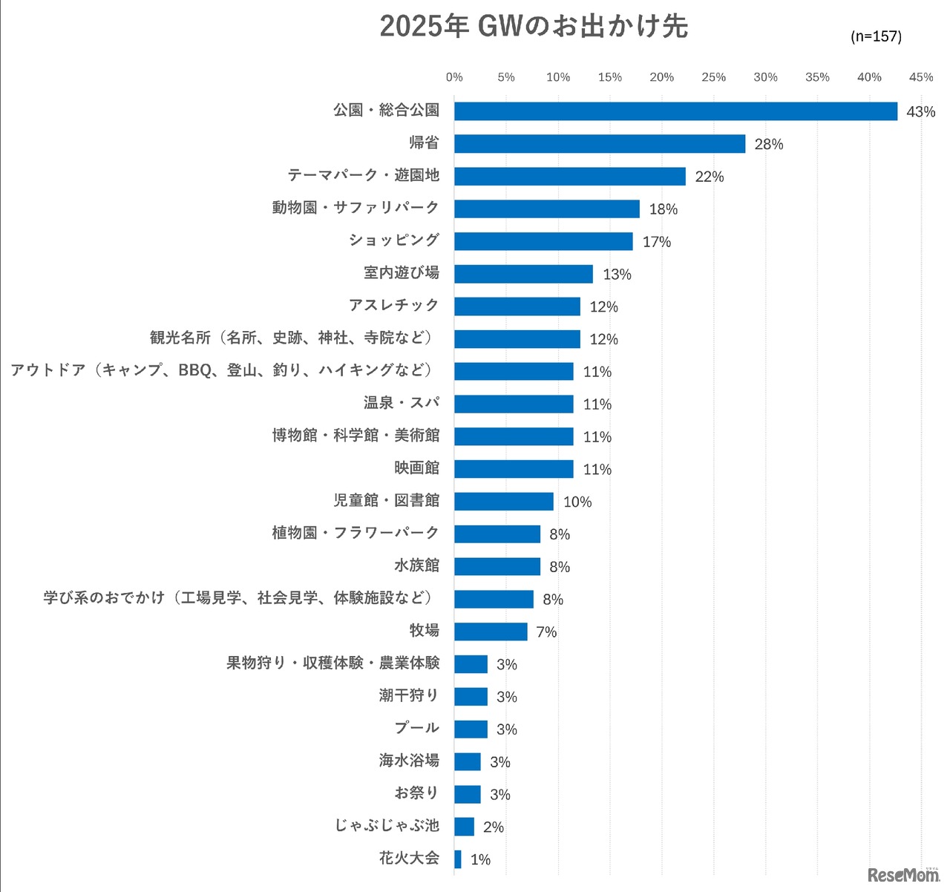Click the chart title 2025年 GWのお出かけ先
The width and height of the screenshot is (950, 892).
tap(534, 27)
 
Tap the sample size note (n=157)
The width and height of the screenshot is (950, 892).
tap(876, 36)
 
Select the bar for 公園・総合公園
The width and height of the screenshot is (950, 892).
tap(675, 111)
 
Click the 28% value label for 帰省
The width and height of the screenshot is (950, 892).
tap(769, 144)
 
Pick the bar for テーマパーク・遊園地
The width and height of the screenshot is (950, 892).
tap(569, 177)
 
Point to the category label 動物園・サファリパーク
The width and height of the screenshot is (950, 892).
tap(356, 208)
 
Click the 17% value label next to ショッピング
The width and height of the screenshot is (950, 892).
tap(657, 242)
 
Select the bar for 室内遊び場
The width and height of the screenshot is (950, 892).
tap(523, 275)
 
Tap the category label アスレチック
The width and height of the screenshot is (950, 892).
tap(394, 306)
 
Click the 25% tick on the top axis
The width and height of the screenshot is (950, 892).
tap(713, 77)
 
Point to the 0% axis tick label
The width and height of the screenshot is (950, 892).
tap(454, 77)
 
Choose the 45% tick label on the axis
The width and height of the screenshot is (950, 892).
tap(921, 77)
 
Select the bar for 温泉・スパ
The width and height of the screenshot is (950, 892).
tap(514, 404)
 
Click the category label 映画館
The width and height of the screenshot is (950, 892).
tap(417, 468)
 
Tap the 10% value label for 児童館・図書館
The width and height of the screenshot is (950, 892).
tap(577, 502)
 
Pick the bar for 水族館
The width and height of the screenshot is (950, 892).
tap(497, 567)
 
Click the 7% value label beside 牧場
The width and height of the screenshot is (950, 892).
tap(546, 632)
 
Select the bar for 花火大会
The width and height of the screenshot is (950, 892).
tap(458, 859)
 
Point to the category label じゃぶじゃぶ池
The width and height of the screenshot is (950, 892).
tap(387, 826)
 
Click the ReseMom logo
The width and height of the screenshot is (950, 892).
tap(902, 876)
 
